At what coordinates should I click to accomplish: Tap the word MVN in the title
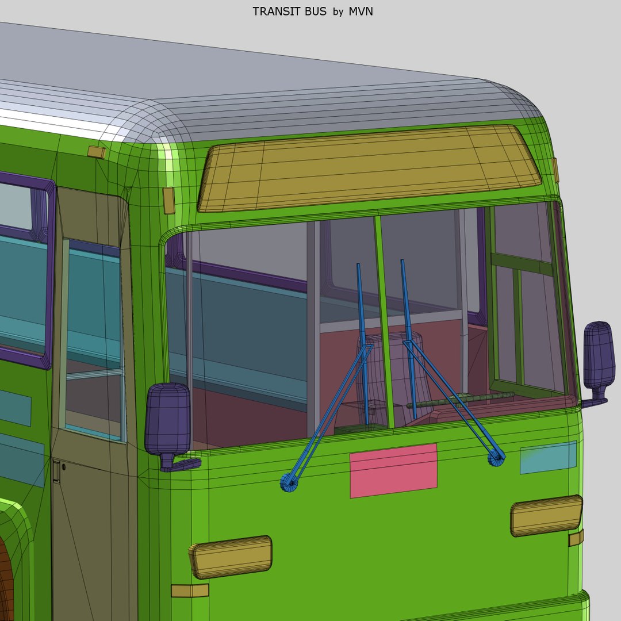[361, 11]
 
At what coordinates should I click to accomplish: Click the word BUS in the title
[316, 11]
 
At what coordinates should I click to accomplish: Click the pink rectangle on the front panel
[393, 470]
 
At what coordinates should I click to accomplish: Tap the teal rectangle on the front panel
[548, 457]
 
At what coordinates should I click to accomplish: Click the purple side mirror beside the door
[167, 420]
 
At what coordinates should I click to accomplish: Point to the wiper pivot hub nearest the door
[289, 482]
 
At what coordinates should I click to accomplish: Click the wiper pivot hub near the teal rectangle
[496, 458]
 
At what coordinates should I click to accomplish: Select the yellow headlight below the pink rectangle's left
[231, 557]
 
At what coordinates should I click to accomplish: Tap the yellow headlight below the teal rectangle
[546, 515]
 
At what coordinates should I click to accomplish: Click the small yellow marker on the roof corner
[96, 152]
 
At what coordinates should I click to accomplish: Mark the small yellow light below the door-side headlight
[190, 591]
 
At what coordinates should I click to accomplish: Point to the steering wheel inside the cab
[460, 400]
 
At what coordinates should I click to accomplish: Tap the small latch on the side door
[56, 471]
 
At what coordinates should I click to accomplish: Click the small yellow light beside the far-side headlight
[576, 538]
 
